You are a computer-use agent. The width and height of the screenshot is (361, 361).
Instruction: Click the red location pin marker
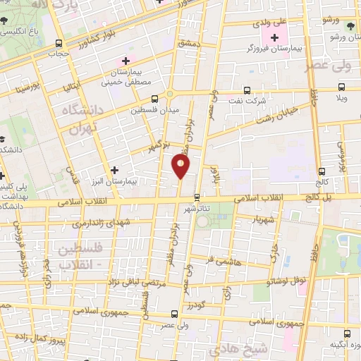coord(180,165)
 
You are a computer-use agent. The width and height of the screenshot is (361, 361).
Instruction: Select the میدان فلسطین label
coord(151,110)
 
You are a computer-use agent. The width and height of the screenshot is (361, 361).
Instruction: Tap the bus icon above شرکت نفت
coord(246,90)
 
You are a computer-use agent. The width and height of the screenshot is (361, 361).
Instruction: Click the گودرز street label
coord(196,304)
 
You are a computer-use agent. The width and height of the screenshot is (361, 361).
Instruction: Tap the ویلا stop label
coord(342,100)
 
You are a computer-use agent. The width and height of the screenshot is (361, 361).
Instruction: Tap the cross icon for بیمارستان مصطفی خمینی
coord(127,61)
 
